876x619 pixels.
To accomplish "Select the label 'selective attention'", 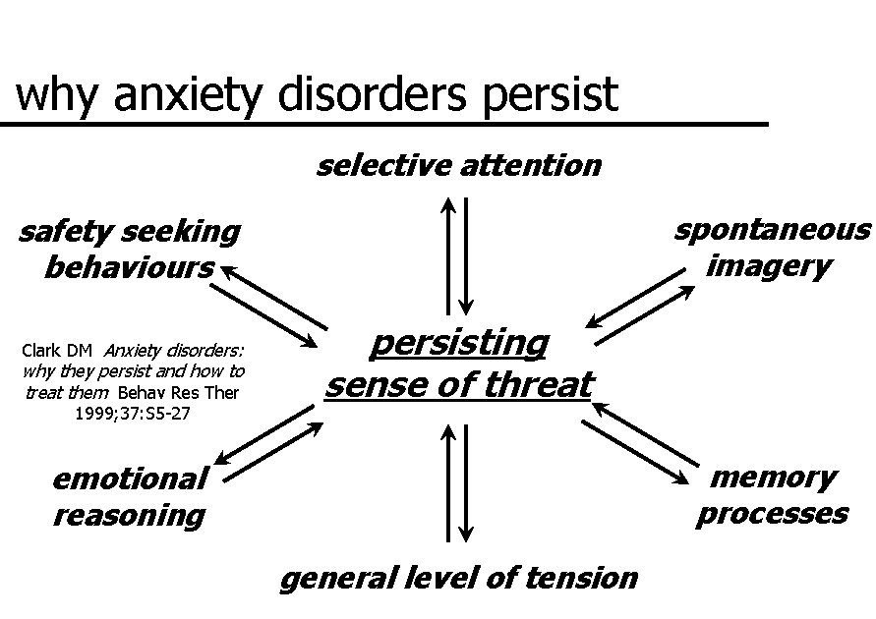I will coord(458,165).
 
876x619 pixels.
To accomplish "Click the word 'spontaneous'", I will coord(772,230).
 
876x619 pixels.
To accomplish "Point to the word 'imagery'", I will coord(768,265).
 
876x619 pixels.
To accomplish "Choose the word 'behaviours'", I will coord(129,267).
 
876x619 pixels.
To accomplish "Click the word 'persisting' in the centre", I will coord(459,344).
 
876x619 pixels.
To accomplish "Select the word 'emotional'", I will coord(129,479).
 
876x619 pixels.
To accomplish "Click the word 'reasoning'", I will coord(129,515).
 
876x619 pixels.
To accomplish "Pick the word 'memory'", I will coord(773,478).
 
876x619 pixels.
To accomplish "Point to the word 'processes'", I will coord(772,514).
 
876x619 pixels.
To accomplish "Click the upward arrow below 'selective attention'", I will coord(448,254).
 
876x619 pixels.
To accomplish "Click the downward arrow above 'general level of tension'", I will coord(467,481).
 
